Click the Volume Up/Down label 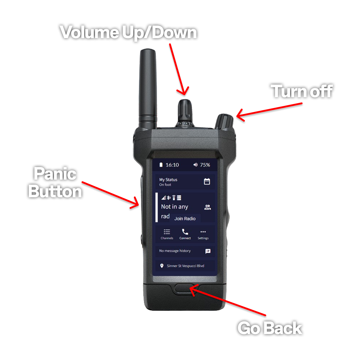129,33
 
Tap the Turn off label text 302,91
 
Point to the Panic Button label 55,182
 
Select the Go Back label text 270,328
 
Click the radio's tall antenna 148,89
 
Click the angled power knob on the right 224,121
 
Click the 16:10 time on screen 172,165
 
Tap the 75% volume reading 205,165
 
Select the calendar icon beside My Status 207,181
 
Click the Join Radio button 185,219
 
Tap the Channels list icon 167,231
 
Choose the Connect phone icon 185,231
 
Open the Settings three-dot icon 203,231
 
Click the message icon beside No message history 208,251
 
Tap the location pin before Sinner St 162,266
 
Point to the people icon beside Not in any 208,207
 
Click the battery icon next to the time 161,165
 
